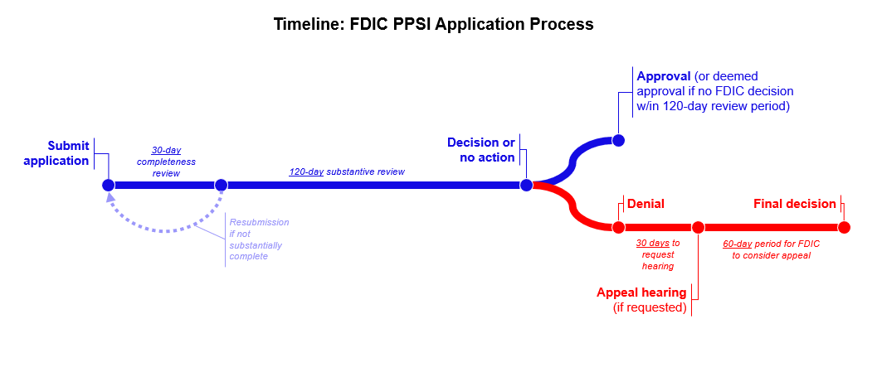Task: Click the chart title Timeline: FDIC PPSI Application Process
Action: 433,24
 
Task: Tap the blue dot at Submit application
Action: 108,185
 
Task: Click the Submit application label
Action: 56,153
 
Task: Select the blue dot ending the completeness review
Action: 221,185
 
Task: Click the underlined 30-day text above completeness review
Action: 166,150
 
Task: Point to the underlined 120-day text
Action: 306,172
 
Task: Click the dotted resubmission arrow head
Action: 111,199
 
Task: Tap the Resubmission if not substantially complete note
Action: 259,239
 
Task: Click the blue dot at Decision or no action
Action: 526,185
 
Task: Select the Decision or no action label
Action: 481,150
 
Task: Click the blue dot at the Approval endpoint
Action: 618,140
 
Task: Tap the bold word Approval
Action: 664,76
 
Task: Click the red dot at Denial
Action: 618,227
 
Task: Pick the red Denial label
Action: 646,204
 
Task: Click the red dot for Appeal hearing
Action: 698,227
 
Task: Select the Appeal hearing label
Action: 641,292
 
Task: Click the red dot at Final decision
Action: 844,227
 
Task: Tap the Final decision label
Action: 794,204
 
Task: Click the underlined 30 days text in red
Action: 652,244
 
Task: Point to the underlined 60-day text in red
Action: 737,244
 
